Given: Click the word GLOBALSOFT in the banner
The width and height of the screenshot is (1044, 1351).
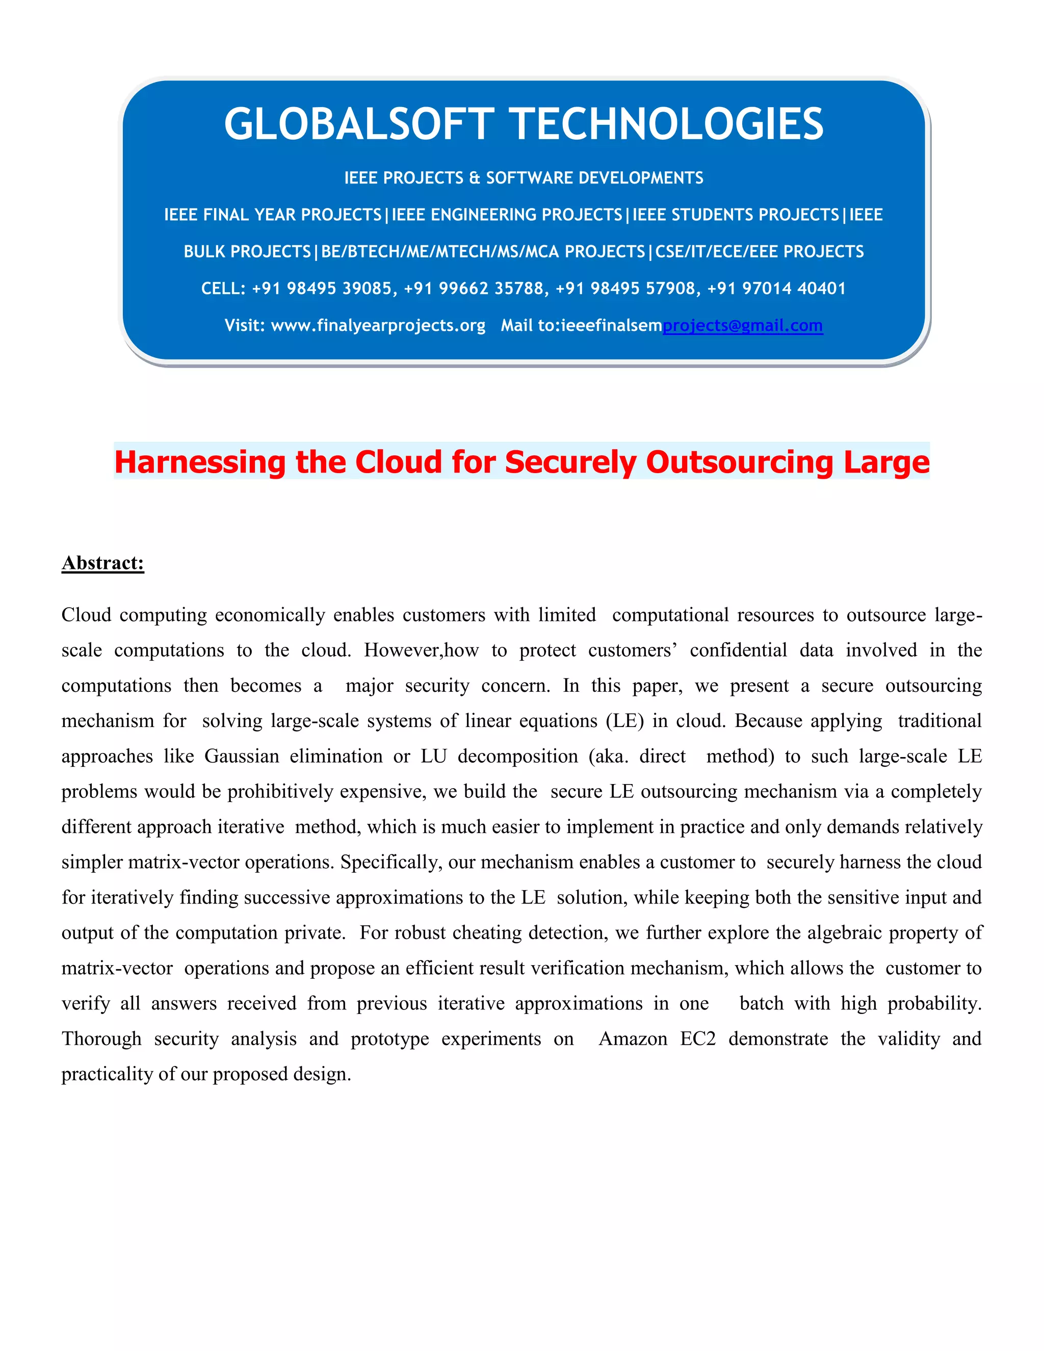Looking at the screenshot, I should point(359,124).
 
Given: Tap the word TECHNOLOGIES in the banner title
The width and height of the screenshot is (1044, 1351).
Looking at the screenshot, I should point(669,124).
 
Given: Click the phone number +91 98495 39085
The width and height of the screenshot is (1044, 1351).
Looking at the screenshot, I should point(324,288).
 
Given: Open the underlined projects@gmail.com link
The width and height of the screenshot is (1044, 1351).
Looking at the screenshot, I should point(742,325).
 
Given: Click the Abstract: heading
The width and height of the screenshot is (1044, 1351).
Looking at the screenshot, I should point(102,562).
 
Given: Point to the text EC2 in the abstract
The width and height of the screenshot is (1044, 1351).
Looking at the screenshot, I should point(698,1038).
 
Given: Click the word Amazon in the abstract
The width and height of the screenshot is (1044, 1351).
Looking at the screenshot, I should point(633,1038).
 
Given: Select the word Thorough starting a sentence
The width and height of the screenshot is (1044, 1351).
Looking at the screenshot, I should point(101,1038).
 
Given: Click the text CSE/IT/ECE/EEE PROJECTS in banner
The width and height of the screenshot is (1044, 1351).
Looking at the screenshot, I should point(759,252).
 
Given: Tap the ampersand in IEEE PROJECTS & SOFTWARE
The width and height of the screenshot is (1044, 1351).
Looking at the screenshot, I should point(475,178).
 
